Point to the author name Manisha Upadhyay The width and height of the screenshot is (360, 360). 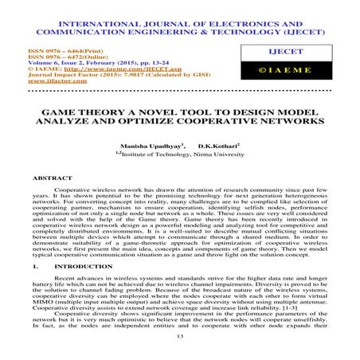click(143, 147)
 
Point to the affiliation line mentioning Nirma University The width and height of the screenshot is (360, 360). click(179, 157)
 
